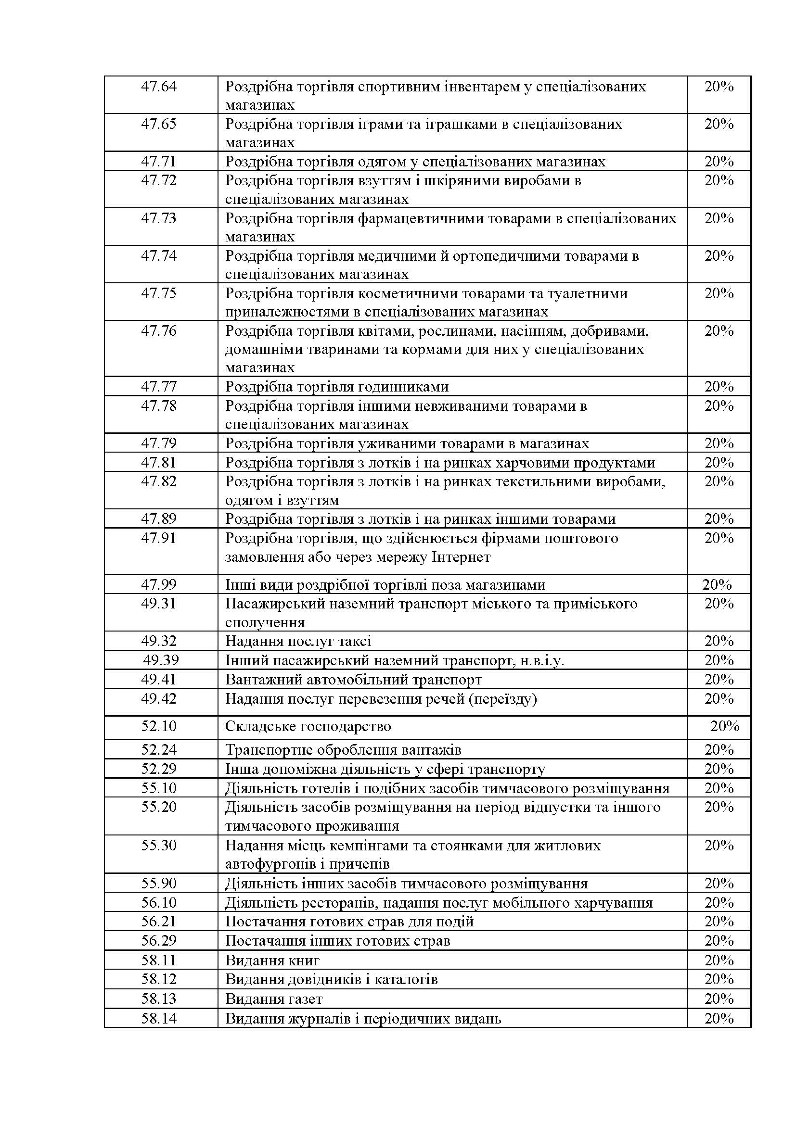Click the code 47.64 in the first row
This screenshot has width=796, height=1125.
tap(158, 87)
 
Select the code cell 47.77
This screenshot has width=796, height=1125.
tap(158, 387)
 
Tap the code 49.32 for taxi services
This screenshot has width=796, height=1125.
tap(158, 641)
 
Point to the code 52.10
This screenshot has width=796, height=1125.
tap(158, 726)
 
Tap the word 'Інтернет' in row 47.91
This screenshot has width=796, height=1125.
tap(462, 557)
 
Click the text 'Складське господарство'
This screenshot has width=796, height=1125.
tap(308, 726)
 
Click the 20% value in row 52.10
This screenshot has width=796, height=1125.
tap(724, 726)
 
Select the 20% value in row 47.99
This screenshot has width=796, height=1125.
tap(717, 584)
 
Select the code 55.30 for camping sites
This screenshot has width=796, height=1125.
tap(158, 845)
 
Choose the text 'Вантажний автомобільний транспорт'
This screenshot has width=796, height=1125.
tap(353, 680)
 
